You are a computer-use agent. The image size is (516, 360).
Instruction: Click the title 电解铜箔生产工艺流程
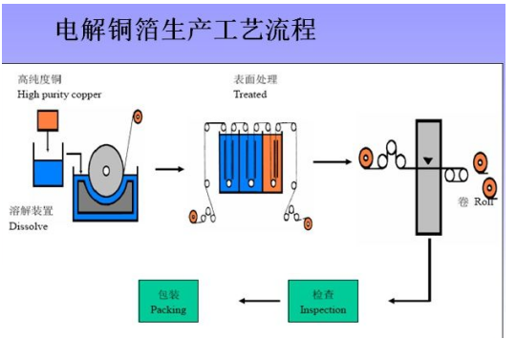click(x=185, y=31)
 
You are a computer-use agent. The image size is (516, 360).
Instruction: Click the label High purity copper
click(x=58, y=95)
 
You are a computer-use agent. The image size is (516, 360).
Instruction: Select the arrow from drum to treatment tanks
click(x=169, y=169)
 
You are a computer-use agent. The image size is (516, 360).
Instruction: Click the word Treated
click(x=249, y=95)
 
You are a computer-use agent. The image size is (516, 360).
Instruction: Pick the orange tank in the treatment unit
click(x=273, y=163)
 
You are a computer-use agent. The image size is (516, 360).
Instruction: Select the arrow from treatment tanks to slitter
click(x=332, y=160)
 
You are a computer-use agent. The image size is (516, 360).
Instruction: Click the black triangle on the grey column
click(x=427, y=159)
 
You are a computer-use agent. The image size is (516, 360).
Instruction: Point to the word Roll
click(x=484, y=202)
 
